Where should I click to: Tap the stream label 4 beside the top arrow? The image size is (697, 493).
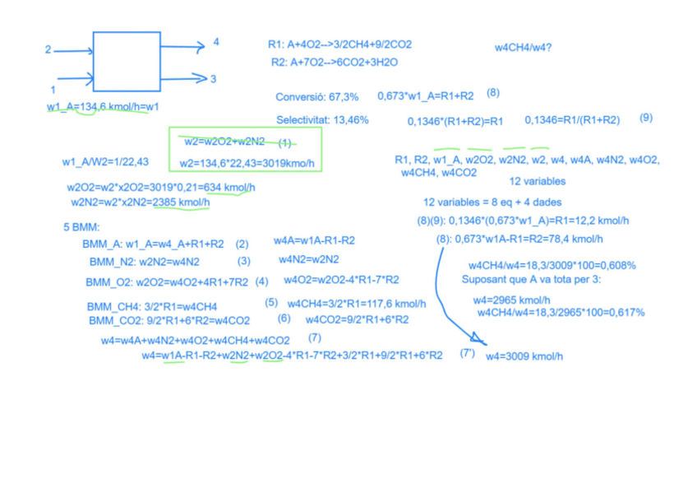(216, 42)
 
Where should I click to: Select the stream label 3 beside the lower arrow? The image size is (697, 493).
(213, 79)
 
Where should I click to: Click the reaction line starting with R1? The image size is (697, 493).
(339, 44)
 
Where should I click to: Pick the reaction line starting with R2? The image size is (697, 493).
(335, 62)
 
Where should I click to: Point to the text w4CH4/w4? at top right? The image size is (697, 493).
(523, 48)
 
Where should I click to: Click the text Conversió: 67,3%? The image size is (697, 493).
(317, 97)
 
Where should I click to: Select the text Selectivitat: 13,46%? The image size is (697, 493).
(322, 120)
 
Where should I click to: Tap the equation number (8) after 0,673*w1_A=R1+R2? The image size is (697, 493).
(493, 93)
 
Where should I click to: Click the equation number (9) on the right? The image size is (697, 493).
(646, 118)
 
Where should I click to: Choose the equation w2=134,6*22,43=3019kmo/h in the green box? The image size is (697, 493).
(247, 163)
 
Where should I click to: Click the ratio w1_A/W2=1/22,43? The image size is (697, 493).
(105, 160)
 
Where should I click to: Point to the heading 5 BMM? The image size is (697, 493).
(81, 226)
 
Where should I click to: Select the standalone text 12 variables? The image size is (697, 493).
(537, 181)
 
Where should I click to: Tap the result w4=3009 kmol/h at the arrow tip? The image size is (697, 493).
(524, 356)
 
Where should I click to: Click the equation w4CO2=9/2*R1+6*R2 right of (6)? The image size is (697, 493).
(357, 319)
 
